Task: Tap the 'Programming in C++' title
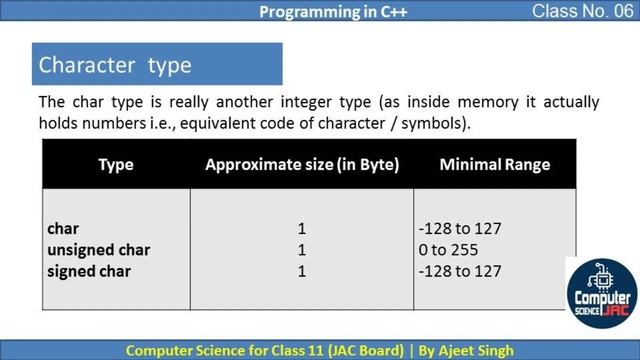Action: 319,12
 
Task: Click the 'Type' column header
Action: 116,164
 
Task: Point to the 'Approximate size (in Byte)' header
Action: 302,164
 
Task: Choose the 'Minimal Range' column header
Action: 494,164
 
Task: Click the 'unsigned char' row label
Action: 99,250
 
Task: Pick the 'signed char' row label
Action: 89,271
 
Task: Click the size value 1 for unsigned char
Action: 302,250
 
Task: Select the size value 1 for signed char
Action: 302,271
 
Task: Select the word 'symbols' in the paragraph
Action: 436,123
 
